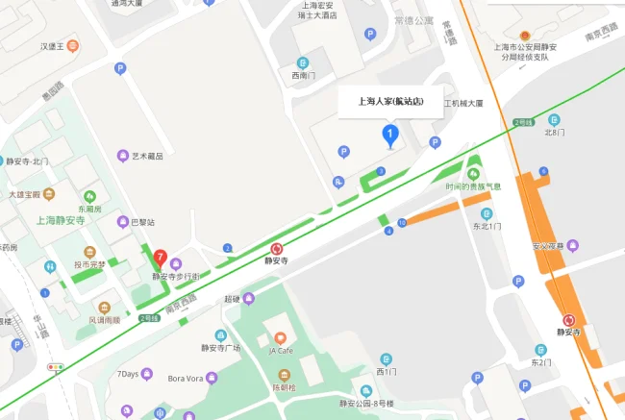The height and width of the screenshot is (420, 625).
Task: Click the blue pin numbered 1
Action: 389,134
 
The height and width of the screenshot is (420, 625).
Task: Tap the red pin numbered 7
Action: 161,259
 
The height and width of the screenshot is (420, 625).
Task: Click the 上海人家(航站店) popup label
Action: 389,100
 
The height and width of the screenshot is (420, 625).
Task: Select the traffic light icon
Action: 57,367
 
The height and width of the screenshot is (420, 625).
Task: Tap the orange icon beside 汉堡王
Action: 73,45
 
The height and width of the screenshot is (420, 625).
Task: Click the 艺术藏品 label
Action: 147,156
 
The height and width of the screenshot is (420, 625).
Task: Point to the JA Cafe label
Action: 281,351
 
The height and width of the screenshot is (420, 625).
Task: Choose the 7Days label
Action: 128,373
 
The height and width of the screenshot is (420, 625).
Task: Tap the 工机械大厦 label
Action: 462,103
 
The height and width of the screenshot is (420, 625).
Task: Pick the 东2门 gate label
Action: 541,362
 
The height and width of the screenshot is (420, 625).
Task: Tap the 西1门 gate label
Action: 387,371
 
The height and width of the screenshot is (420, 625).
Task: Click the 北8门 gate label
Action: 555,132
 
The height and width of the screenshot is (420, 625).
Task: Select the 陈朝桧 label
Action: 282,387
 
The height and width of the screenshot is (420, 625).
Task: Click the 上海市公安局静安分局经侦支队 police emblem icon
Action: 524,36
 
